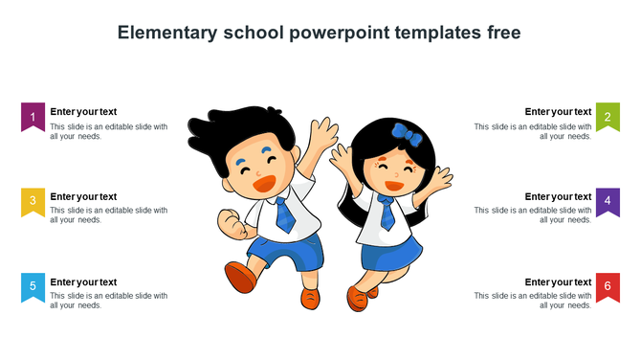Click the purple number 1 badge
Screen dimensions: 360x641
(x=33, y=116)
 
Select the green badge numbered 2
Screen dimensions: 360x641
(x=608, y=116)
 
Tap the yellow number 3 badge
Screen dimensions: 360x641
(x=33, y=200)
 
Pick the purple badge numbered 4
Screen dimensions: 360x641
(x=608, y=200)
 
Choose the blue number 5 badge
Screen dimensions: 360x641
(x=33, y=285)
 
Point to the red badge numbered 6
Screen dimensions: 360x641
(x=608, y=285)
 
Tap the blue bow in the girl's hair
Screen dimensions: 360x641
(x=407, y=137)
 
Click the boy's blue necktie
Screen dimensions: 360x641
(x=284, y=214)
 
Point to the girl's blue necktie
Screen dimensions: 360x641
(x=387, y=213)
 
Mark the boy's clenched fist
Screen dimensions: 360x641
(x=231, y=224)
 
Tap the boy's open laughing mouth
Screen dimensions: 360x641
(x=264, y=182)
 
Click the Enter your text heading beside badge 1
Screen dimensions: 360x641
(x=83, y=111)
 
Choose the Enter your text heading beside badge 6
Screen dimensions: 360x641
(x=558, y=281)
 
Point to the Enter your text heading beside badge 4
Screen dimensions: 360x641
(x=558, y=196)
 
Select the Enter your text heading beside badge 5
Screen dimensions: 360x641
(x=83, y=281)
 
